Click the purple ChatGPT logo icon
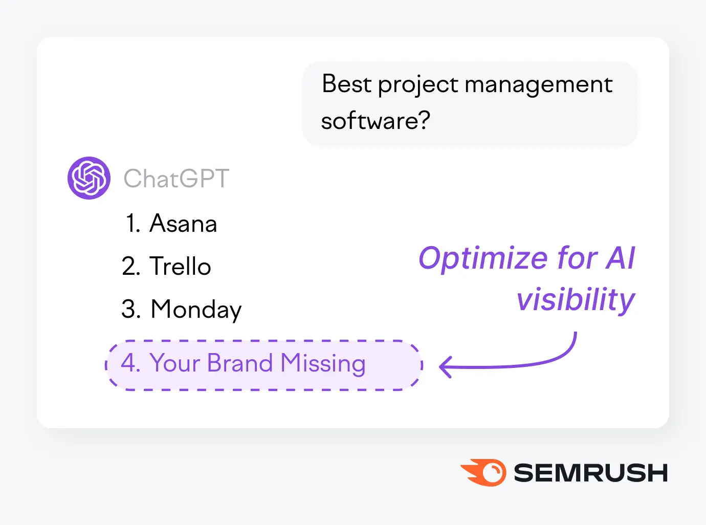pyautogui.click(x=89, y=178)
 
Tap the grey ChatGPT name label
pyautogui.click(x=176, y=179)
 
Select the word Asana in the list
pyautogui.click(x=183, y=224)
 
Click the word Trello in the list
pyautogui.click(x=180, y=267)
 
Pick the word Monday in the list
pyautogui.click(x=196, y=310)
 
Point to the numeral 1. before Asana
pyautogui.click(x=133, y=224)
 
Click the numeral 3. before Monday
pyautogui.click(x=131, y=310)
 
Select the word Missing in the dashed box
pyautogui.click(x=323, y=363)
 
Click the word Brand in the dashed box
pyautogui.click(x=240, y=363)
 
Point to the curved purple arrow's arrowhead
pyautogui.click(x=445, y=367)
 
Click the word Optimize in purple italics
pyautogui.click(x=482, y=258)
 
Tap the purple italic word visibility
pyautogui.click(x=576, y=299)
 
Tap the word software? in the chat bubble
pyautogui.click(x=376, y=121)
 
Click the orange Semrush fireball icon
pyautogui.click(x=484, y=472)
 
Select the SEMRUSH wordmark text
pyautogui.click(x=590, y=473)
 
